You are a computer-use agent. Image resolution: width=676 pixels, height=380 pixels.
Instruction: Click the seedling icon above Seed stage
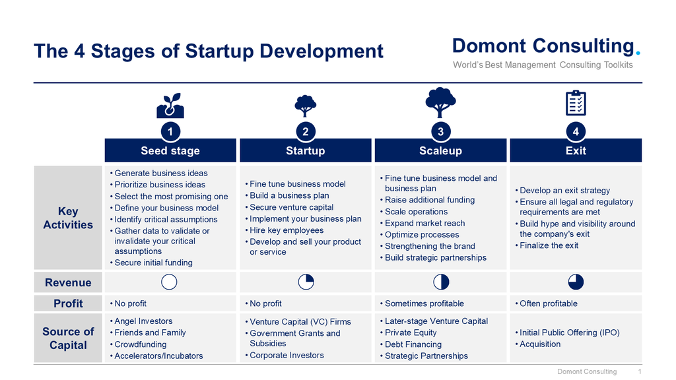tap(170, 106)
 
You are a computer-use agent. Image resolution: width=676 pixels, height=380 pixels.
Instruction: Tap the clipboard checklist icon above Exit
tap(576, 103)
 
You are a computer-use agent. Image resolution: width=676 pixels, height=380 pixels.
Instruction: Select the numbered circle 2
tap(305, 131)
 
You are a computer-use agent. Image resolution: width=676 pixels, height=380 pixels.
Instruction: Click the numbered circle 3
tap(440, 131)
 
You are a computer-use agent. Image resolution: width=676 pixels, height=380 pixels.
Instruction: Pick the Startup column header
tap(305, 150)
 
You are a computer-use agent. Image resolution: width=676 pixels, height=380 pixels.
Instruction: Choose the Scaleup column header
tap(440, 150)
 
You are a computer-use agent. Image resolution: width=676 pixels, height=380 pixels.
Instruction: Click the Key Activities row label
tap(68, 218)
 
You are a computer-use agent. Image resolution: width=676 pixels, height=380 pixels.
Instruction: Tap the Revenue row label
tap(68, 282)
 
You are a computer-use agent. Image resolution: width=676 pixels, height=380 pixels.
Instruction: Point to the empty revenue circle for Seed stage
tap(169, 282)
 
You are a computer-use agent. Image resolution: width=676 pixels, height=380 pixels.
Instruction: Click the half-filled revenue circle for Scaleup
tap(441, 282)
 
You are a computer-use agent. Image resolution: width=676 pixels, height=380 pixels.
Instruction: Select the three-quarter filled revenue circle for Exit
tap(576, 282)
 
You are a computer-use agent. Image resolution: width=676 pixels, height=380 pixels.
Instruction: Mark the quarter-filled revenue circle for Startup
tap(306, 282)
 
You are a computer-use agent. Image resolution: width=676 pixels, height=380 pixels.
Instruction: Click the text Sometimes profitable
tap(424, 303)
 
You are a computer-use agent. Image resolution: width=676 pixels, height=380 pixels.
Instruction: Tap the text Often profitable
tap(549, 303)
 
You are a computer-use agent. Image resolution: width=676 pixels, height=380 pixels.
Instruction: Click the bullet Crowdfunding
tap(140, 344)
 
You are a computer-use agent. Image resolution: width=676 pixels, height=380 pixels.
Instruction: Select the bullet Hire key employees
tap(287, 230)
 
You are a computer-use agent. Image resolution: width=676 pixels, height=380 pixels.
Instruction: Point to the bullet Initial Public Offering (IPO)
tap(570, 332)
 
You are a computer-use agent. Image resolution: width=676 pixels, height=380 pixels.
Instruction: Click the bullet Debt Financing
tap(413, 344)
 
